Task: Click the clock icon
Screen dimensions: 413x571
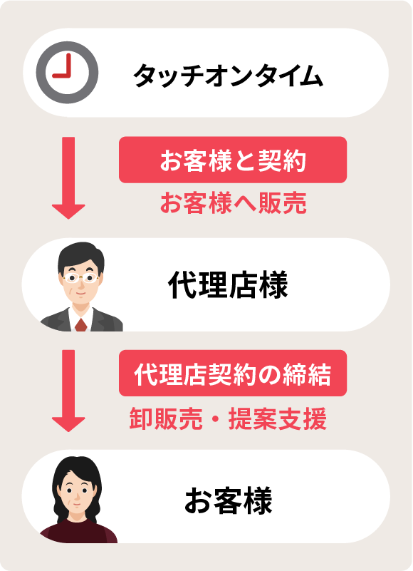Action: coord(68,73)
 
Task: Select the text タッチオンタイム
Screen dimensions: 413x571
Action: coord(228,76)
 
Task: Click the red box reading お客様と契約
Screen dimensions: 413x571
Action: coord(233,160)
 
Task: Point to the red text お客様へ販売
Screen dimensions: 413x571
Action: coord(234,203)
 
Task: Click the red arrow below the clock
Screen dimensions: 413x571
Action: coord(68,178)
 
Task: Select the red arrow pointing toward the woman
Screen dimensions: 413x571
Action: coord(68,391)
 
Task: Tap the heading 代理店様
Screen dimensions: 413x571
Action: coord(228,284)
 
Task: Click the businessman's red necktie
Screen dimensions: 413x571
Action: coord(80,325)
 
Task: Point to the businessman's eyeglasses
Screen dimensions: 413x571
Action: coord(80,279)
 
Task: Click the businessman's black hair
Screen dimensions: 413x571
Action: coord(80,256)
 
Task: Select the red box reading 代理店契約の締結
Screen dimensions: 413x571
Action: coord(233,374)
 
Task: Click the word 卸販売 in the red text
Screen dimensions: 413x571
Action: coord(166,418)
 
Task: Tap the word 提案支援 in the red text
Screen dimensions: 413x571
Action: coord(277,418)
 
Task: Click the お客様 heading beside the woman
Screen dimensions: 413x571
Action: coord(228,500)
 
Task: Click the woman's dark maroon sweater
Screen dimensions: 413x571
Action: coord(78,532)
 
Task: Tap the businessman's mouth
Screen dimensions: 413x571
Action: coord(80,293)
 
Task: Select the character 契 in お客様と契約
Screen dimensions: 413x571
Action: coord(270,160)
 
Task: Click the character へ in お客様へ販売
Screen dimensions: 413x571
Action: coord(245,204)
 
